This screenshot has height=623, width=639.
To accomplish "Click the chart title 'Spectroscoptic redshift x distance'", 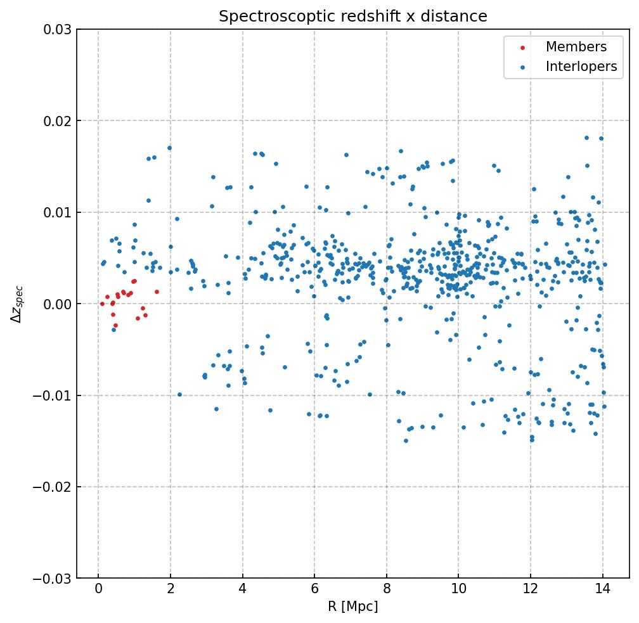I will [353, 16].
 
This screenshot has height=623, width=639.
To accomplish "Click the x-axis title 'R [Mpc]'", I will [353, 607].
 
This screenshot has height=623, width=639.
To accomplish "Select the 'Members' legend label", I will [576, 47].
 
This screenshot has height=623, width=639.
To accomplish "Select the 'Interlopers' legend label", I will [581, 67].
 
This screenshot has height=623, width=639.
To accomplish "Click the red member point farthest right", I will [157, 292].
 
